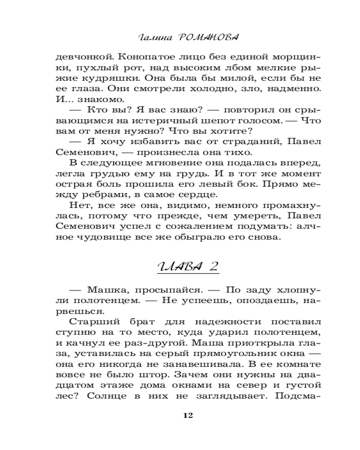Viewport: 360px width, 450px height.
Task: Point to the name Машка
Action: (106, 290)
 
